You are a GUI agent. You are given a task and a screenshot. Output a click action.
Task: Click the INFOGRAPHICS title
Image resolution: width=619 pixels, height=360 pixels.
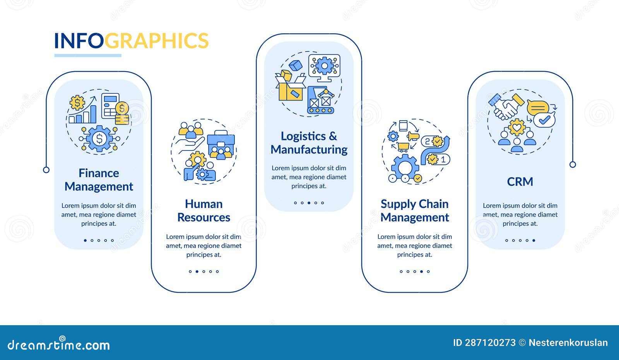131,41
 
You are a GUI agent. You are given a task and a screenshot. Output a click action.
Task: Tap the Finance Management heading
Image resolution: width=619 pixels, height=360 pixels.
99,180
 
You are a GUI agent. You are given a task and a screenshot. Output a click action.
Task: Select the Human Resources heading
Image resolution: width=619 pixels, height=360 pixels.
203,211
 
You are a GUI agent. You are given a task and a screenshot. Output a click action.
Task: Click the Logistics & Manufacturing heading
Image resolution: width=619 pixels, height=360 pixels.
309,143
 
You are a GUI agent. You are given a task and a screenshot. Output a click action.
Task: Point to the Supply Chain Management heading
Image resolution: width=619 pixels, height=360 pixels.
414,211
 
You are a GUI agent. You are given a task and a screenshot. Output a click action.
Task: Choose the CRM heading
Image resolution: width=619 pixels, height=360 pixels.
520,181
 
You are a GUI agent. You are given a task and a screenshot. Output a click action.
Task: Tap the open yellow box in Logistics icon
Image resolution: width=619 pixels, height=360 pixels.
290,89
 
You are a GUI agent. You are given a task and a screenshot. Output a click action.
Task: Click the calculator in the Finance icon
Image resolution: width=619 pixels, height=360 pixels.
110,105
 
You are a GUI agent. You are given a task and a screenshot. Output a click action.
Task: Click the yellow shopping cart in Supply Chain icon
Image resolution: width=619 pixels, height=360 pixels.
403,147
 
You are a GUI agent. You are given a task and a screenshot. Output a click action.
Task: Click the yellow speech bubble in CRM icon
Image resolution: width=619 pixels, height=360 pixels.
538,107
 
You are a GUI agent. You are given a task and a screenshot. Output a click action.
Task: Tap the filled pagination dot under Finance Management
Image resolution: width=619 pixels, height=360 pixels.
85,241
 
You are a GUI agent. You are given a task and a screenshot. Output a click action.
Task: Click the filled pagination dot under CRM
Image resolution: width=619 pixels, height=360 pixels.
534,241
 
